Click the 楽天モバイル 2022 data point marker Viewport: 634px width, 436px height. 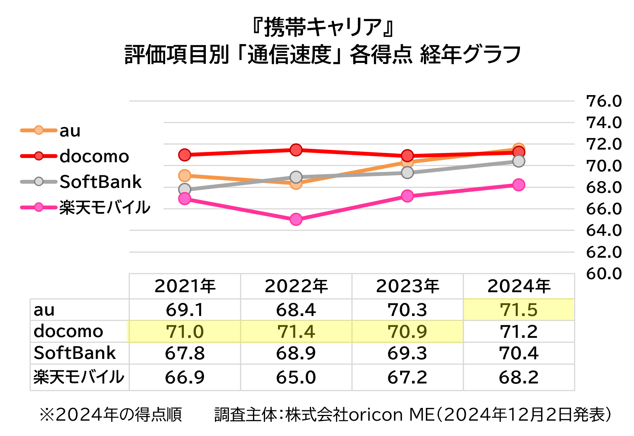(296, 219)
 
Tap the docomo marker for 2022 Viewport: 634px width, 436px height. (296, 150)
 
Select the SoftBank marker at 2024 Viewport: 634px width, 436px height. (519, 161)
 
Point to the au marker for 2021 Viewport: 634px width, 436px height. (185, 176)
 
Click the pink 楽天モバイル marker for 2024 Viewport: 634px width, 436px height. (519, 185)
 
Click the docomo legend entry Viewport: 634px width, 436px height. (75, 156)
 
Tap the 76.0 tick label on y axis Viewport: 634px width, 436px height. (604, 101)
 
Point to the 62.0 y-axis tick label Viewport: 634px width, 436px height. (604, 252)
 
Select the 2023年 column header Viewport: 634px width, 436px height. (407, 286)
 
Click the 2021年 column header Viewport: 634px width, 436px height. (185, 286)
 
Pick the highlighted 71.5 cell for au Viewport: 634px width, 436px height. (519, 310)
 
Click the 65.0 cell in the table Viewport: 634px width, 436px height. (296, 377)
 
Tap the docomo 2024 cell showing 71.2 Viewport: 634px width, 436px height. (519, 332)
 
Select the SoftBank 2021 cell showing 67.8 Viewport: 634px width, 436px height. (185, 353)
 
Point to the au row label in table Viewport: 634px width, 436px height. (44, 310)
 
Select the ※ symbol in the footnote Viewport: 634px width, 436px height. (46, 415)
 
